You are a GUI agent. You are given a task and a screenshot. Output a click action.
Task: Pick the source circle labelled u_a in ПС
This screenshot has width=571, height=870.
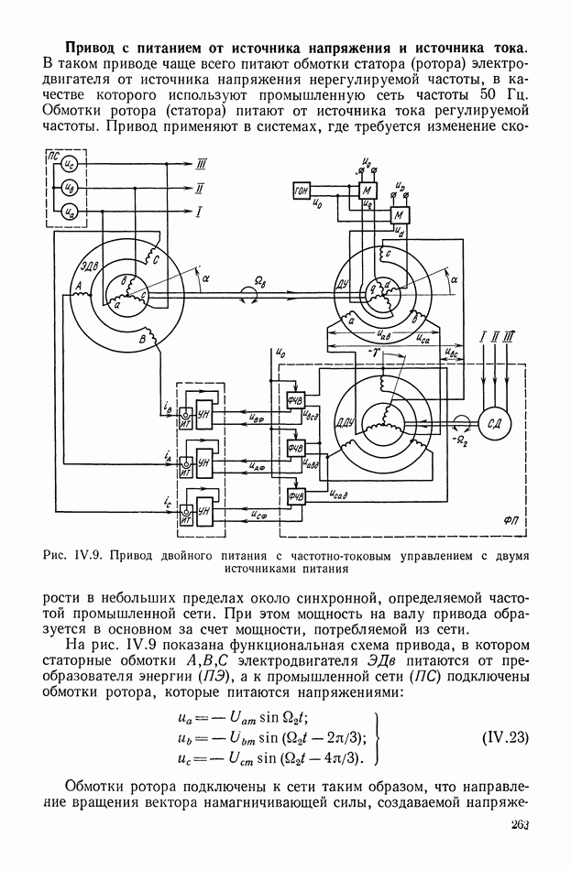click(x=67, y=212)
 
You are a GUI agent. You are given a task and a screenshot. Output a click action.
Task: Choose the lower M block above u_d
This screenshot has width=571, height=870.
click(x=399, y=214)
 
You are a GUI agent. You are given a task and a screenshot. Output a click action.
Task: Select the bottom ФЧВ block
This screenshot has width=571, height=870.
click(x=296, y=495)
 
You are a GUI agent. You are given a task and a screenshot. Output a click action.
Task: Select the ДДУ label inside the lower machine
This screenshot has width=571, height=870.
click(x=346, y=421)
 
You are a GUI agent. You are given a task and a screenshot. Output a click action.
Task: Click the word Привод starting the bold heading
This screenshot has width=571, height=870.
click(x=93, y=46)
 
